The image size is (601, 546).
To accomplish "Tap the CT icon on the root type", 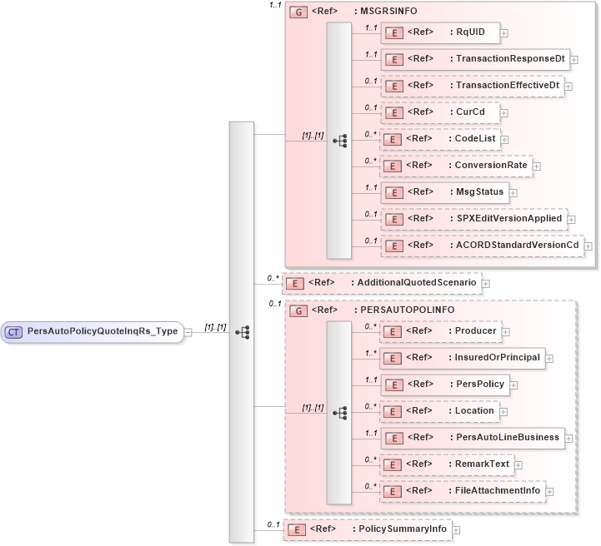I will [14, 331].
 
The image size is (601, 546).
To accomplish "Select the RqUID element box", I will [439, 33].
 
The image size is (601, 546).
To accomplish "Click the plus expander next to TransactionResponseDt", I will [574, 60].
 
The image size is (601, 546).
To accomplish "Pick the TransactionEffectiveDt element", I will [472, 86].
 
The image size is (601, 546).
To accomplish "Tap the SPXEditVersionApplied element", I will [473, 219].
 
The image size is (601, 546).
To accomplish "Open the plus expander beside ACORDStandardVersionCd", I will [588, 246].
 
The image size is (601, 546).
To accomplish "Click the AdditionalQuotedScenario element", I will [382, 283].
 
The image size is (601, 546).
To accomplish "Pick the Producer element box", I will [440, 331].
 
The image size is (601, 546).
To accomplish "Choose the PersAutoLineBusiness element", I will [473, 438].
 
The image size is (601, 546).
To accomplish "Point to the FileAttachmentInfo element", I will [463, 491].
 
